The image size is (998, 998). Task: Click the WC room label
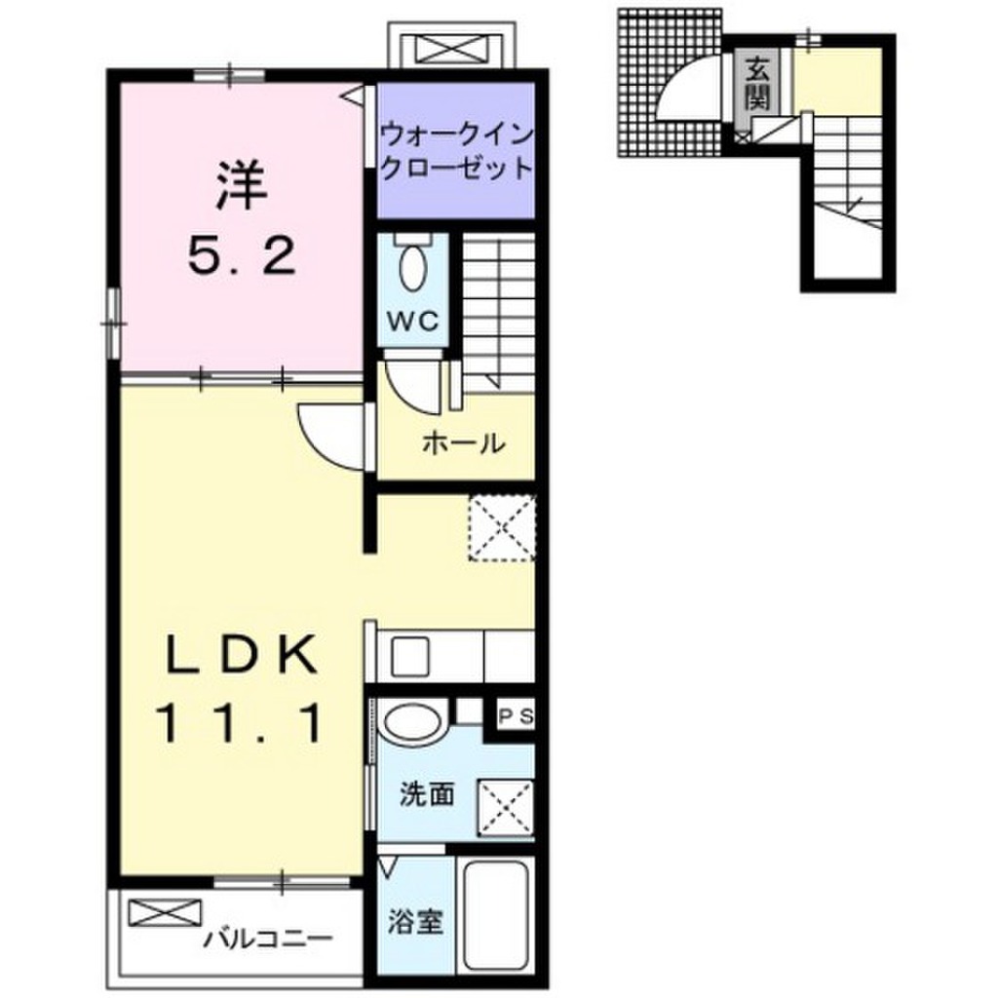412,322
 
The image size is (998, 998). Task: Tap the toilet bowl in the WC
412,267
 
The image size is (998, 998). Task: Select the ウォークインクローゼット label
456,152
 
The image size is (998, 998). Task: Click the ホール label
464,443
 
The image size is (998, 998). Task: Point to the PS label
517,716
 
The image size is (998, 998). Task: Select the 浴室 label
415,922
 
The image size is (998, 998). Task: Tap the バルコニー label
268,939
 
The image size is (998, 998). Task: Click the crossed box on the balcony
165,912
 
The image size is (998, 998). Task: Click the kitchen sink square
410,656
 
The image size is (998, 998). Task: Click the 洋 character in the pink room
242,186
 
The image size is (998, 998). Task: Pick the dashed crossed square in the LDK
502,527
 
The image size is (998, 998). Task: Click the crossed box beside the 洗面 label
506,807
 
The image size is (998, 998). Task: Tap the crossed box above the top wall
451,49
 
